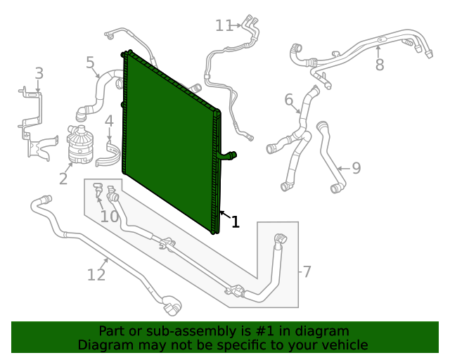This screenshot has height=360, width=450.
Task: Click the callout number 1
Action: [236, 223]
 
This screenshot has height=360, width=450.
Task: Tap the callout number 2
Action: [63, 179]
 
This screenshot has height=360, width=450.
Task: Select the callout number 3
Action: [39, 73]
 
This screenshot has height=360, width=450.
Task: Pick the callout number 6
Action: [288, 101]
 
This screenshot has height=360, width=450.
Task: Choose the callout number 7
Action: [306, 271]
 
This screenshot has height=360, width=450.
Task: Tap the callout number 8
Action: [380, 65]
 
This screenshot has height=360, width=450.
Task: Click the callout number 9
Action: [356, 168]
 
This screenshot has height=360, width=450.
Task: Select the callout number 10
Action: [109, 216]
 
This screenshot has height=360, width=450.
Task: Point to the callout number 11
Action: [224, 26]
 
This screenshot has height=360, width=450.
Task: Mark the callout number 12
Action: [96, 274]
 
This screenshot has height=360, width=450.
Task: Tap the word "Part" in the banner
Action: [112, 330]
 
